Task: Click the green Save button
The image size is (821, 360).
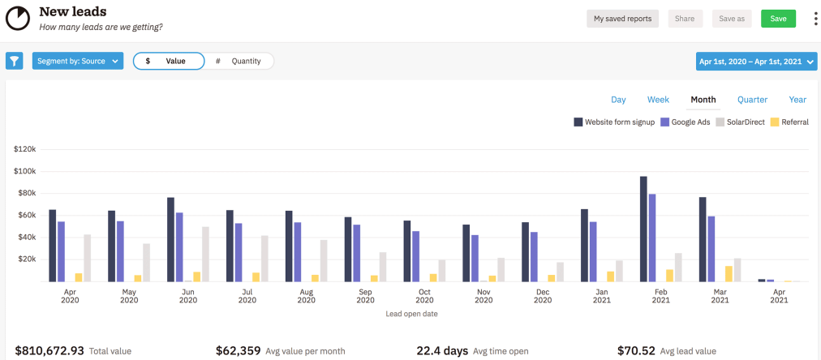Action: pos(778,19)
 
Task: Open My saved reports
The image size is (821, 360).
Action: pos(622,19)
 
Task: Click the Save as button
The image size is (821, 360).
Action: pos(732,19)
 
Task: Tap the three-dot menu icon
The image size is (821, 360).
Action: pos(815,19)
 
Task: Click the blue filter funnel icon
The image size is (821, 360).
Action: pos(15,61)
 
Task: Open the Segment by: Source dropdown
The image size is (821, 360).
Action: pos(78,61)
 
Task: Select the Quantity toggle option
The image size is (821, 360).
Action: pos(239,61)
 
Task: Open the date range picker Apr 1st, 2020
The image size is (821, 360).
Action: pos(756,62)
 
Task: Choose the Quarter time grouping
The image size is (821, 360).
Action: pos(752,100)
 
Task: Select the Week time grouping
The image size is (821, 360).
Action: pos(658,100)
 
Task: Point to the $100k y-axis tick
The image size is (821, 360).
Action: pos(25,171)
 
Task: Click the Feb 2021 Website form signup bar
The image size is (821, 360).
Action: pos(643,229)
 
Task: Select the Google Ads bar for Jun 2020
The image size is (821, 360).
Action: pos(179,246)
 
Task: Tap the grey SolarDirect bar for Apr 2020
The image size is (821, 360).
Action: pos(88,258)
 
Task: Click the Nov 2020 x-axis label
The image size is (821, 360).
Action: pos(484,295)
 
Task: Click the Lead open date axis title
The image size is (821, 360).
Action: pos(411,314)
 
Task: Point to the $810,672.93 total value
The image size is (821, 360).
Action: pos(49,351)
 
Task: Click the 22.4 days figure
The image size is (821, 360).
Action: pos(442,351)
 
